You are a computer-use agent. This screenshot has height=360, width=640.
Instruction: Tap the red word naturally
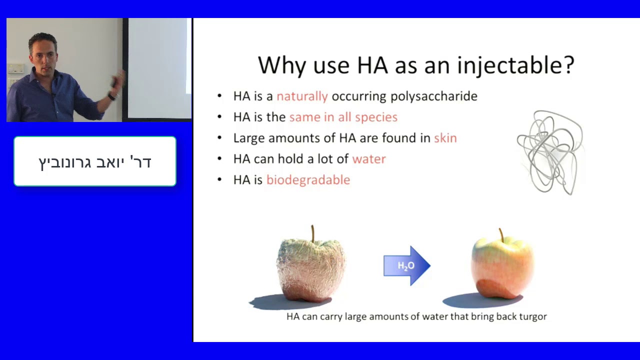coord(302,96)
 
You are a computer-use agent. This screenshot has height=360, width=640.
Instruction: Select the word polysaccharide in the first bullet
coord(433,96)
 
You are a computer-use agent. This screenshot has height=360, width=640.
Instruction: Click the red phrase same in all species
coord(343,117)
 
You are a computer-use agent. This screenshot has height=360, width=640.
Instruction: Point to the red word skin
coord(445,138)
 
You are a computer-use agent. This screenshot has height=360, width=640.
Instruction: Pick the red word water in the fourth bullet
coord(369,159)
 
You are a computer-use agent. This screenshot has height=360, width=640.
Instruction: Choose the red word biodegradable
coord(308,180)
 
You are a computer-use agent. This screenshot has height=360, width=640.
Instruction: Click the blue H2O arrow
coord(407,265)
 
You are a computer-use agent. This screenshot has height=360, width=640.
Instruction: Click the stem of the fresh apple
coord(501,235)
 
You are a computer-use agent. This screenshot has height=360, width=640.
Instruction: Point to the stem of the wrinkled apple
coord(313,233)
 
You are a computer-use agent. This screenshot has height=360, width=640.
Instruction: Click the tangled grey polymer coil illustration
coord(550,153)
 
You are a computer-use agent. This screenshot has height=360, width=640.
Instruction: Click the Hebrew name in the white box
coord(95,162)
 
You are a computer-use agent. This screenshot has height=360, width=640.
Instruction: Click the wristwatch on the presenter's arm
coord(111,96)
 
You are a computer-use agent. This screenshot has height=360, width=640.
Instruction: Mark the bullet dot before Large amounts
coord(219,138)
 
